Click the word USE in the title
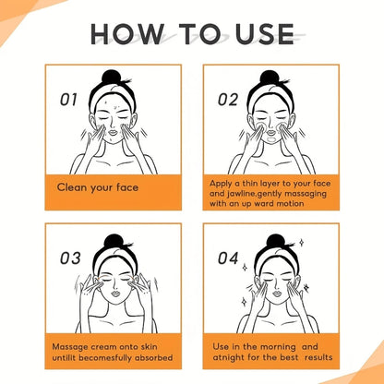[265, 33]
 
